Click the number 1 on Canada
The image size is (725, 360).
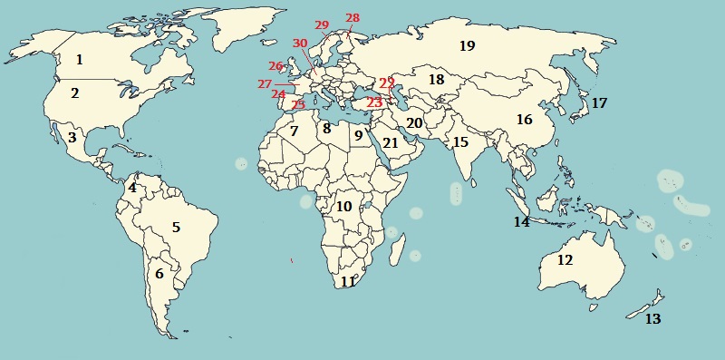(80, 60)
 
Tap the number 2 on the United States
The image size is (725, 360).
(75, 92)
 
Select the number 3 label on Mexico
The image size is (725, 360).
(71, 138)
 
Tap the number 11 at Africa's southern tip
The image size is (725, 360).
(348, 281)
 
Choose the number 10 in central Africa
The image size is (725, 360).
(343, 206)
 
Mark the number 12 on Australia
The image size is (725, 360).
(565, 260)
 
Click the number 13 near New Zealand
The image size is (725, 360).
(652, 319)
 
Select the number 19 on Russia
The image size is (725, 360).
(467, 45)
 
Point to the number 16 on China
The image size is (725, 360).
(524, 120)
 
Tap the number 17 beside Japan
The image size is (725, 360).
(599, 103)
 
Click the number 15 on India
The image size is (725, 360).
(460, 142)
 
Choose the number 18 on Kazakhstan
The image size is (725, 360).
(437, 80)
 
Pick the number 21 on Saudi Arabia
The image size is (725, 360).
(391, 142)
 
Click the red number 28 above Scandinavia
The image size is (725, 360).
(353, 18)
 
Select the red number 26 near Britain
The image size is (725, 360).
(276, 66)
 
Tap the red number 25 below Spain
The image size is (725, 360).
(298, 105)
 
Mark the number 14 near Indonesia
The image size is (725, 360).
(521, 221)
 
